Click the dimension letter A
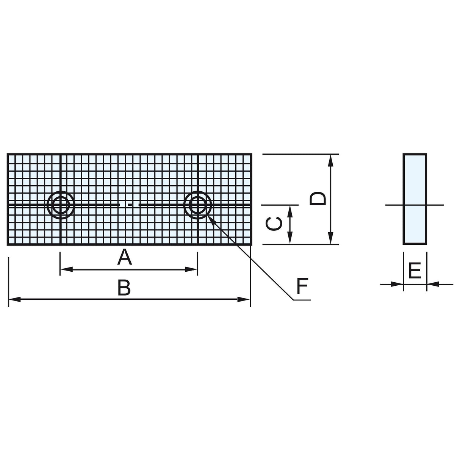click(124, 258)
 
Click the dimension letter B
click(124, 288)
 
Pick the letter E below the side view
click(415, 271)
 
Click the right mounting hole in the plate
click(197, 205)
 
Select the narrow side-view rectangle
click(415, 199)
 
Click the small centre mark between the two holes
click(130, 205)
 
